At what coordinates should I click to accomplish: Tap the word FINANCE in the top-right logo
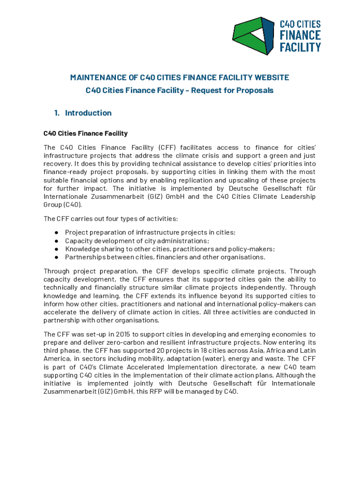(x=300, y=36)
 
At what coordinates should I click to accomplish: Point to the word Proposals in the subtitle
(x=256, y=90)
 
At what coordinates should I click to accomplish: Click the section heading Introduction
(x=88, y=113)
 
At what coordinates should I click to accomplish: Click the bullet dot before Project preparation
(x=56, y=232)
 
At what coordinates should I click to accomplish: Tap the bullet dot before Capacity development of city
(x=56, y=240)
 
